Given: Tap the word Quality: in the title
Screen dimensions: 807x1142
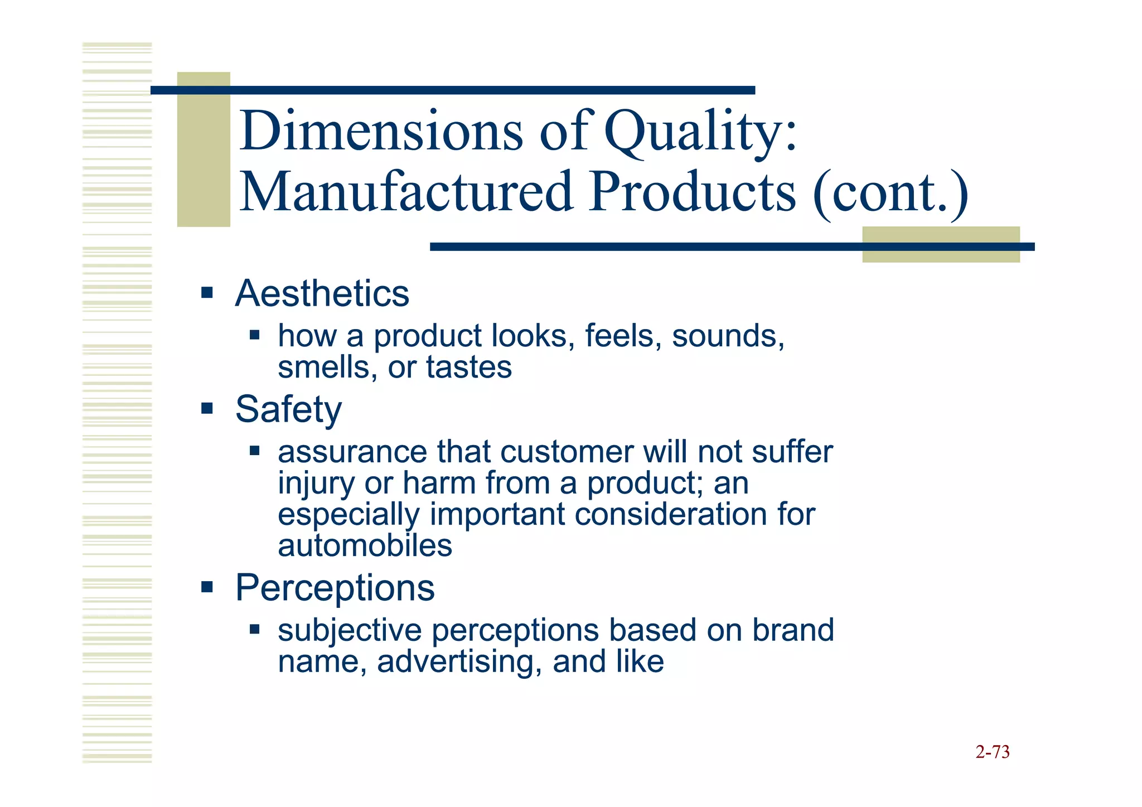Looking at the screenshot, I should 701,132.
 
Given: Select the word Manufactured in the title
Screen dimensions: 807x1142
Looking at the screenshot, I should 406,192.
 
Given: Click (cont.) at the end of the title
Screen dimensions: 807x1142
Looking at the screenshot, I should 891,194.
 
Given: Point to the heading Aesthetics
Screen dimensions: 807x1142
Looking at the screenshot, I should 322,293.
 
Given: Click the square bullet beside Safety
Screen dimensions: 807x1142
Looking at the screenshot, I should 207,409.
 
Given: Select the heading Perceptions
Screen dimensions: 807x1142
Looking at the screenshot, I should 335,588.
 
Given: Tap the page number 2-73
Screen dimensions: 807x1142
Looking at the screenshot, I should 992,752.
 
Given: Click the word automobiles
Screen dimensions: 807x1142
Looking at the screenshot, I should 365,545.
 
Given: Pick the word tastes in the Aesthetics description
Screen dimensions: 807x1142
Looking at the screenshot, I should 468,368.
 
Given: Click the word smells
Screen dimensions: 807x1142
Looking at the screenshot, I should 324,368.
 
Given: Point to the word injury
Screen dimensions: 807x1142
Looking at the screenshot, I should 316,484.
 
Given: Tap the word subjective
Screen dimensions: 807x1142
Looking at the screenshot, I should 350,631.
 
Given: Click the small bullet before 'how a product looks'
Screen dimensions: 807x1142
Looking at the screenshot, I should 255,335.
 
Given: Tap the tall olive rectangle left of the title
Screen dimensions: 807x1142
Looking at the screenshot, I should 204,149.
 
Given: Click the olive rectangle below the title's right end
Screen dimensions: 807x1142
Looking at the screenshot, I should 941,245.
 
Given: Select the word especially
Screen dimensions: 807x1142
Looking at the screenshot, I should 349,515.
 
